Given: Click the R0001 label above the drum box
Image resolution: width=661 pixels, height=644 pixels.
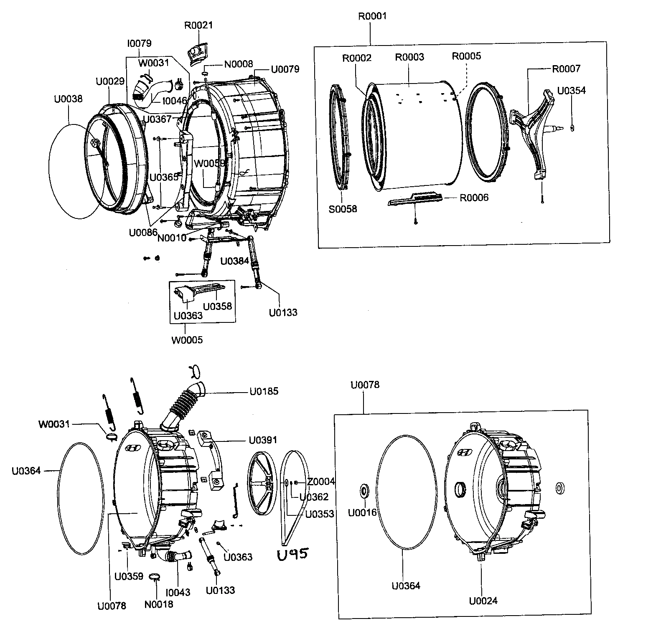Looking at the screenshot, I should click(x=372, y=16).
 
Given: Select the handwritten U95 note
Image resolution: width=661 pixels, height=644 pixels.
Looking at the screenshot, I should click(x=292, y=554).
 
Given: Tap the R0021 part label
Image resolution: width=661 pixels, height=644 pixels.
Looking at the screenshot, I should click(x=198, y=25).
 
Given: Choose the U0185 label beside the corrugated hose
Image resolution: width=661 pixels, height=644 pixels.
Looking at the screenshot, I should click(x=264, y=392).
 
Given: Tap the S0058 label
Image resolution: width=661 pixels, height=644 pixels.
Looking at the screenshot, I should click(x=343, y=209).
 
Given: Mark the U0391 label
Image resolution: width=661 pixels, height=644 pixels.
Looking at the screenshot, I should click(x=263, y=440).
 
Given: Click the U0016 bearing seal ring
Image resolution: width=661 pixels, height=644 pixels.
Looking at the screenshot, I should click(x=364, y=490).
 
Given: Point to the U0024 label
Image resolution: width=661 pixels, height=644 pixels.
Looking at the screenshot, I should click(x=483, y=601).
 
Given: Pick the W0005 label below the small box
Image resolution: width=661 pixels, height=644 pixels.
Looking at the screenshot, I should click(x=187, y=340).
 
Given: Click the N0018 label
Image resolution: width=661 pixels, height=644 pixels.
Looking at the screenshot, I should click(x=159, y=604).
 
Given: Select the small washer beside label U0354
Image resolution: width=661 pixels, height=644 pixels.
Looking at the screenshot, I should click(x=572, y=127).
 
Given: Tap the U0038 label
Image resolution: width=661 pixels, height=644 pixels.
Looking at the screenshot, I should click(x=68, y=99).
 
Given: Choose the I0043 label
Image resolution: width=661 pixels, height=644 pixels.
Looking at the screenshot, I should click(x=178, y=593).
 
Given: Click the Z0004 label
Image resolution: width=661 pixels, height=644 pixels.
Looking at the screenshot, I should click(x=321, y=482).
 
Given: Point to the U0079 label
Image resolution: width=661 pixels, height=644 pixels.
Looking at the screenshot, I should click(x=285, y=69).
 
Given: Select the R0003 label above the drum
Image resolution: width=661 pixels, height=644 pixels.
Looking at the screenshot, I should click(x=409, y=57).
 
